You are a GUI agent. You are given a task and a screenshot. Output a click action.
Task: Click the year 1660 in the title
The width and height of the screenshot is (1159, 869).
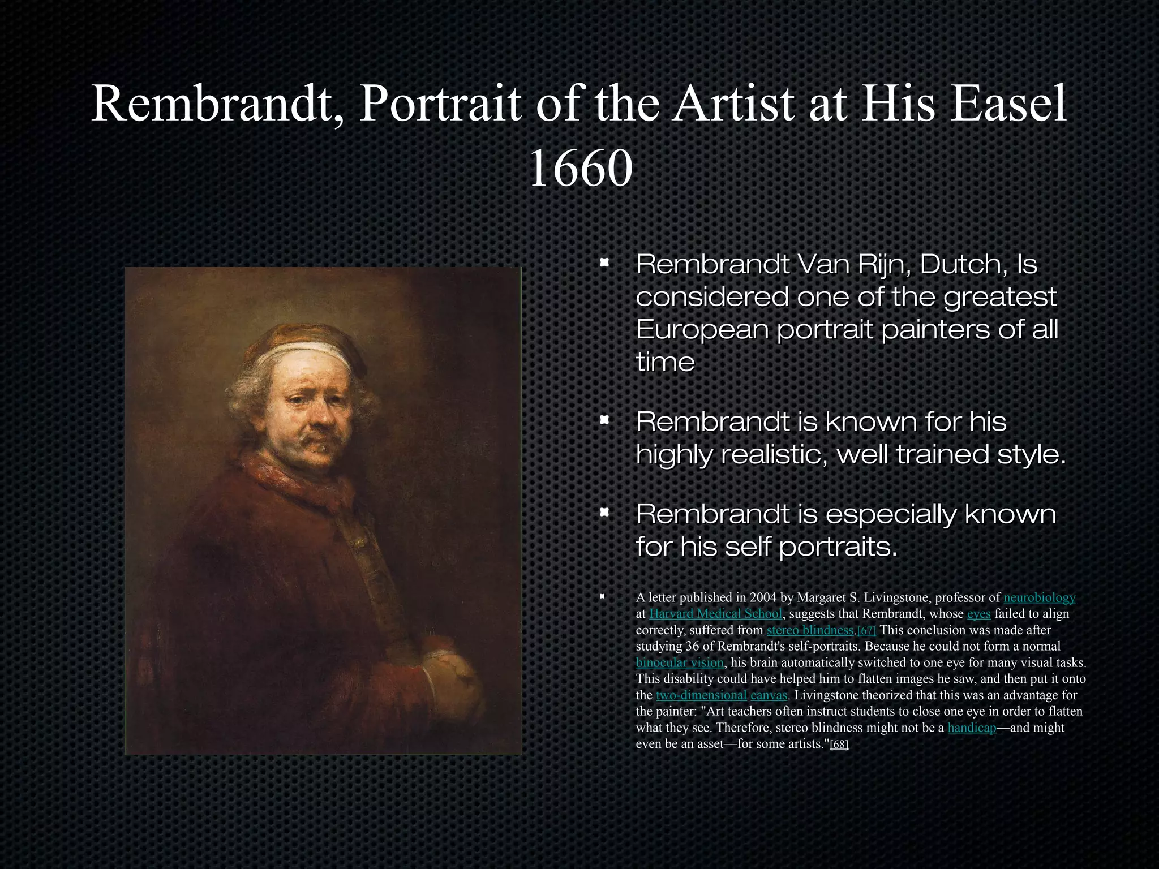(580, 169)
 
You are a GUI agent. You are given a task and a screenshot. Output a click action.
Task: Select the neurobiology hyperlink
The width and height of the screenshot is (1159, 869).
(1039, 597)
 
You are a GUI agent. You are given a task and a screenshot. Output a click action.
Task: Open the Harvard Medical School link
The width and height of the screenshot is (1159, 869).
(715, 614)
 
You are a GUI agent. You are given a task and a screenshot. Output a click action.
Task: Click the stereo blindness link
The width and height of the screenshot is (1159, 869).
(810, 630)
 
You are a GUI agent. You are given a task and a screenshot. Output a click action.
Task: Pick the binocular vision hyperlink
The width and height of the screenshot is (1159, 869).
(680, 662)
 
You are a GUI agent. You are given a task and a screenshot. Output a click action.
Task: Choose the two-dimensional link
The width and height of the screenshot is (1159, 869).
(701, 695)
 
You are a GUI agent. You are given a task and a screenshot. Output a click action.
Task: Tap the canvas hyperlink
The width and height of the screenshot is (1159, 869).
(769, 695)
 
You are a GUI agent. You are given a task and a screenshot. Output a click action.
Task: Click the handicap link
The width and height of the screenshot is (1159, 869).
(972, 728)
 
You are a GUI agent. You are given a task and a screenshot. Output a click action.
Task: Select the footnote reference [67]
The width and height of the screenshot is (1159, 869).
(866, 631)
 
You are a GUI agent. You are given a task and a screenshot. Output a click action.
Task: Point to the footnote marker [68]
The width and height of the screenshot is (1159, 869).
(839, 745)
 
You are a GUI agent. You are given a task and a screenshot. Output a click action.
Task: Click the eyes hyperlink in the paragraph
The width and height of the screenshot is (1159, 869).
(978, 614)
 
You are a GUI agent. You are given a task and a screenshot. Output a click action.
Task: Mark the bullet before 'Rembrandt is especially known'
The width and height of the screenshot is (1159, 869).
(604, 513)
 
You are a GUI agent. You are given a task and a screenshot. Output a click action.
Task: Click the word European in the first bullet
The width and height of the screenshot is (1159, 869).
(702, 330)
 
